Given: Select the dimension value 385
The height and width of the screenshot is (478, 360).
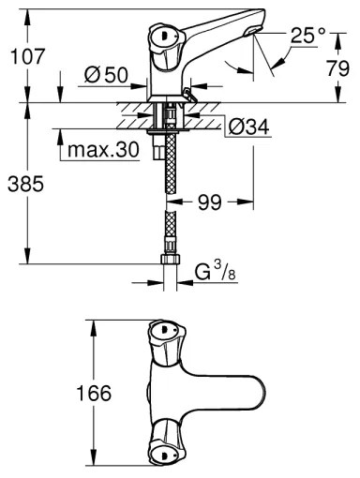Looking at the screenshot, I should click(25, 185).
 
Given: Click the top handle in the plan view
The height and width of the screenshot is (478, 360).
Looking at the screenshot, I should click(165, 336).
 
